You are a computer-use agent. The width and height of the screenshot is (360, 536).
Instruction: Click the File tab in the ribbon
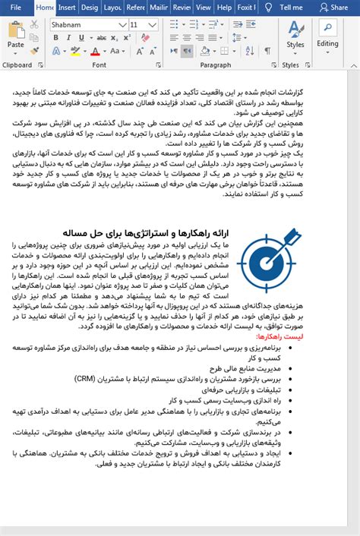(16, 8)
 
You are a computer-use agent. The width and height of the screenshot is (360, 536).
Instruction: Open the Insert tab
(67, 8)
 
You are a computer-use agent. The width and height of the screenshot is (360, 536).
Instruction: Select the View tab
(204, 8)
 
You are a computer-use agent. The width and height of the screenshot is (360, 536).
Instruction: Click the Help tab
(224, 8)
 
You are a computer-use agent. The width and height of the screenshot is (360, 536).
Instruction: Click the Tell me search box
(291, 8)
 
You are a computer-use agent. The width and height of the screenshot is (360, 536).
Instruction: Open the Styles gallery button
(295, 34)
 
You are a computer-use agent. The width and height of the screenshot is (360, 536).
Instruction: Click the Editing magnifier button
(327, 34)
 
